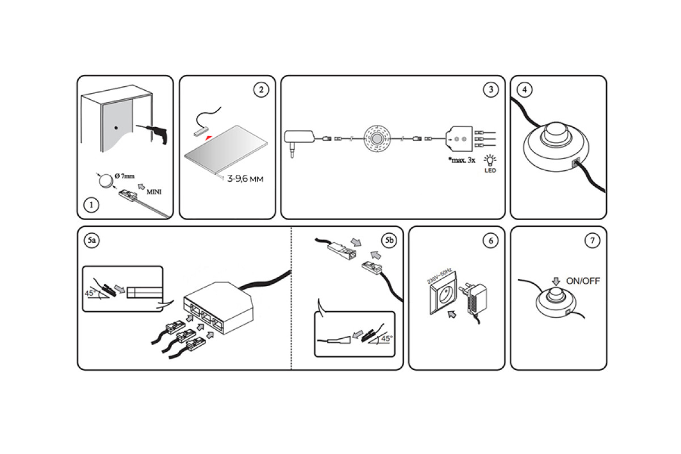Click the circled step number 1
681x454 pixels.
tap(90, 205)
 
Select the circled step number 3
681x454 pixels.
tap(490, 90)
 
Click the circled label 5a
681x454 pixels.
tap(92, 241)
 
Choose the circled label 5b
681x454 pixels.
tap(389, 241)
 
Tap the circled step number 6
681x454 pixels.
tap(490, 241)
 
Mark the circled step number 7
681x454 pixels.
tap(592, 241)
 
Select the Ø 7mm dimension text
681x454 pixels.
tap(124, 177)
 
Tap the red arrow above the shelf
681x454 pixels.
tap(209, 138)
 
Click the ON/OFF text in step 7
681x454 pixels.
tap(583, 281)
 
